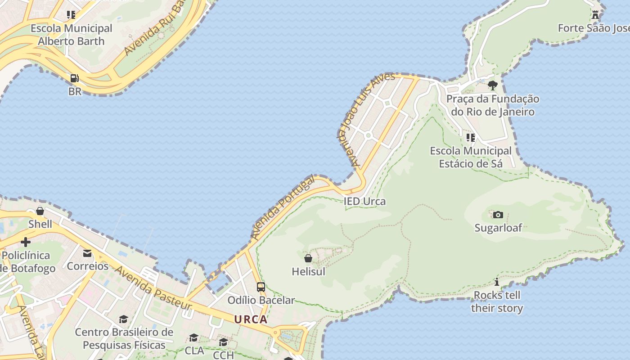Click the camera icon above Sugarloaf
click(498, 215)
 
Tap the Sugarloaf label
click(498, 228)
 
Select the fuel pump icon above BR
click(75, 79)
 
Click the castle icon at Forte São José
click(595, 15)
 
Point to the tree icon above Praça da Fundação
click(493, 85)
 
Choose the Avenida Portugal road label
click(283, 207)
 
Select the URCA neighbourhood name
click(251, 319)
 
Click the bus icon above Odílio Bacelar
click(261, 287)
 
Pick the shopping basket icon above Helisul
click(308, 258)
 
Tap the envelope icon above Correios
click(87, 253)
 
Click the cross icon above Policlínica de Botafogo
click(26, 243)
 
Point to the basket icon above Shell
click(40, 211)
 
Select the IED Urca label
click(364, 201)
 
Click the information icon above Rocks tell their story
click(497, 282)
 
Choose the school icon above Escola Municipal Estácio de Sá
click(471, 137)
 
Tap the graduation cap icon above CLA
click(194, 337)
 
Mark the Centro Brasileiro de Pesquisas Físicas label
click(124, 338)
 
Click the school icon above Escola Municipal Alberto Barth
click(71, 15)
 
